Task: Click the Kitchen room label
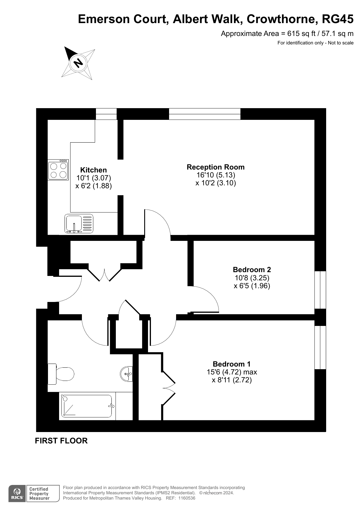pos(93,170)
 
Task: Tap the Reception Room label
pos(216,167)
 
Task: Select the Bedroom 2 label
pos(252,270)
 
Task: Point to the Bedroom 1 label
pos(232,364)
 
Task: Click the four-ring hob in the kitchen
pos(59,170)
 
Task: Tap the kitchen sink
pos(79,224)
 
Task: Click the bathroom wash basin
pos(127,374)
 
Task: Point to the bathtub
pos(87,406)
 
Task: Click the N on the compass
pos(78,63)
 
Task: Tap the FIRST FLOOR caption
pos(61,441)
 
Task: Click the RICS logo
pos(17,494)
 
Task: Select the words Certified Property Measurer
pos(39,494)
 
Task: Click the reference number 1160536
pos(185,498)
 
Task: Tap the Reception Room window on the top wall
pos(205,114)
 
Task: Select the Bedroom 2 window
pos(320,290)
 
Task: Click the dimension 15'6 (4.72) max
pos(232,372)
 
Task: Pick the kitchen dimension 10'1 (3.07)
pos(94,178)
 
